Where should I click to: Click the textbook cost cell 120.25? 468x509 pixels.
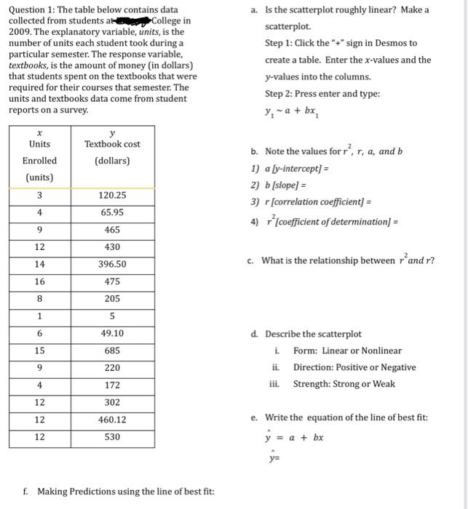coord(112,195)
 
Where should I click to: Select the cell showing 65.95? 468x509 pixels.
coord(112,212)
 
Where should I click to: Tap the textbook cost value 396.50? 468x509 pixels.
coord(112,264)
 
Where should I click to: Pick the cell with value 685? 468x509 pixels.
coord(112,350)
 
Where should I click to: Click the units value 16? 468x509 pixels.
coord(39,281)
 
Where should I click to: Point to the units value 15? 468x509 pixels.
coord(39,350)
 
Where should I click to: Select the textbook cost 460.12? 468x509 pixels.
coord(112,420)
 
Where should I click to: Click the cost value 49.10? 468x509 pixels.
coord(112,333)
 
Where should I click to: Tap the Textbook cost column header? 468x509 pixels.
coord(112,152)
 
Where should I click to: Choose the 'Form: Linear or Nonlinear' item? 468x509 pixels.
coord(347,350)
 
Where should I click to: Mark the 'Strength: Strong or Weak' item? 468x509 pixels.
coord(344,384)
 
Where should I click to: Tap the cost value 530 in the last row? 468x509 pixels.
coord(112,437)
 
